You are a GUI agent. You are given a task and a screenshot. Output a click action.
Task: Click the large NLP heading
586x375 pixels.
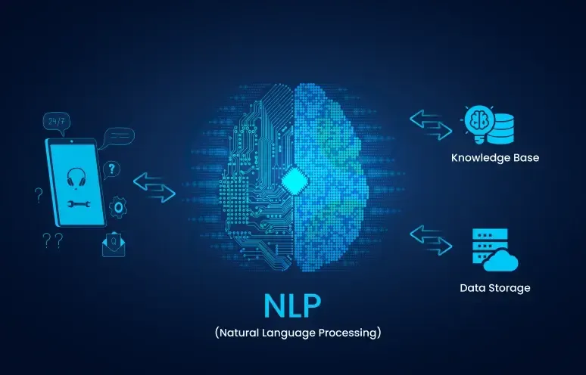pyautogui.click(x=292, y=305)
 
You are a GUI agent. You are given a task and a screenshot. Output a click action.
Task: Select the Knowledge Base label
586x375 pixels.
pyautogui.click(x=495, y=158)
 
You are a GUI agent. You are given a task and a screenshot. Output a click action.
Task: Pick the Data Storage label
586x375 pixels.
pyautogui.click(x=495, y=288)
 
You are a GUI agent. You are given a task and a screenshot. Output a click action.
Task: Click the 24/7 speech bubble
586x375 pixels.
pyautogui.click(x=57, y=123)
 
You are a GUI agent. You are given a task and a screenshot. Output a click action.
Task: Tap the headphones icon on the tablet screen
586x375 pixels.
pyautogui.click(x=76, y=177)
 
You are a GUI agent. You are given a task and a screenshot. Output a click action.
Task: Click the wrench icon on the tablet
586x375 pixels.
pyautogui.click(x=79, y=203)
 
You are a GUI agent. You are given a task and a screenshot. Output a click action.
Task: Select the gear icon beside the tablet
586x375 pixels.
pyautogui.click(x=118, y=207)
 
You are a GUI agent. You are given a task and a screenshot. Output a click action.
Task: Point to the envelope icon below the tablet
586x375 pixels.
pyautogui.click(x=114, y=244)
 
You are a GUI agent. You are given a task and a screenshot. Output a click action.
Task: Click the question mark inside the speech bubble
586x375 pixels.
pyautogui.click(x=111, y=169)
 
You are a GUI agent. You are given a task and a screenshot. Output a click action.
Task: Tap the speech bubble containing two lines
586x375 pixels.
pyautogui.click(x=118, y=137)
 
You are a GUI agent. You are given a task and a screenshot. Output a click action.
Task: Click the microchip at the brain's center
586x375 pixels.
pyautogui.click(x=295, y=181)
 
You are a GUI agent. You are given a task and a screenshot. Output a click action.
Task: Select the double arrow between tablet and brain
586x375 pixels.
pyautogui.click(x=154, y=187)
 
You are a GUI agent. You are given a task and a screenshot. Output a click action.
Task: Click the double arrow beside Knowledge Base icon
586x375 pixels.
pyautogui.click(x=431, y=125)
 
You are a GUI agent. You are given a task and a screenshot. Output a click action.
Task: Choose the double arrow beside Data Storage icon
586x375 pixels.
pyautogui.click(x=431, y=240)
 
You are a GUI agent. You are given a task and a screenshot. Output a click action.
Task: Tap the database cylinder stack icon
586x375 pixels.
pyautogui.click(x=500, y=129)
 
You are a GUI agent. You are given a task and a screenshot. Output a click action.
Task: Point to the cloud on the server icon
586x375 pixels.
pyautogui.click(x=500, y=261)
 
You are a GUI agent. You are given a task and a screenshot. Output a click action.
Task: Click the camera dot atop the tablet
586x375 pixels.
pyautogui.click(x=71, y=141)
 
